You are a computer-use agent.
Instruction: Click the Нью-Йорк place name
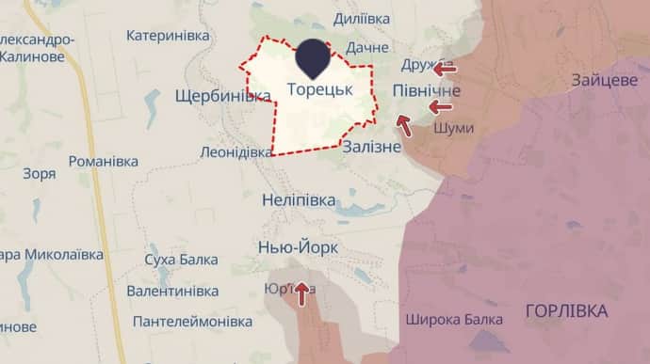click(299, 247)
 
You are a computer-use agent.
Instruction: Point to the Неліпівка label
click(297, 199)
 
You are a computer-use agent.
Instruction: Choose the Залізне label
click(372, 147)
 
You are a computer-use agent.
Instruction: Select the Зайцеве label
click(604, 81)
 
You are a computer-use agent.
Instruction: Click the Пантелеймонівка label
click(192, 322)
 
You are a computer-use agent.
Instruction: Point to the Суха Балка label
click(181, 260)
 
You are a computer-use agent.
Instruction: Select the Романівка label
click(104, 162)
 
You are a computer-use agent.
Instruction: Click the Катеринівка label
click(168, 36)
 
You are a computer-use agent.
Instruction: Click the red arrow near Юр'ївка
click(301, 294)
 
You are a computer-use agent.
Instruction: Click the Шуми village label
click(454, 128)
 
